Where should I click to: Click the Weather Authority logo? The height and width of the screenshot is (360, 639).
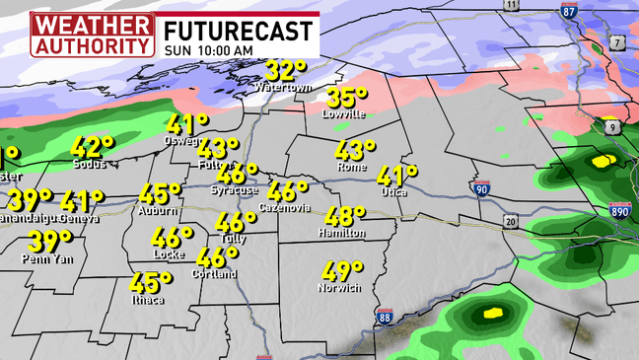93,34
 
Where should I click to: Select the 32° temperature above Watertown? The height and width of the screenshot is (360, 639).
286,71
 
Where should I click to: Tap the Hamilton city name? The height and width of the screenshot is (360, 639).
342,233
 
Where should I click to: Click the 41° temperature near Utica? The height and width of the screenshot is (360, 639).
398,176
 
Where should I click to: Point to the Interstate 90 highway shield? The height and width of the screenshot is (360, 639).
481,187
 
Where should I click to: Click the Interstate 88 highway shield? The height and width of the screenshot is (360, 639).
385,316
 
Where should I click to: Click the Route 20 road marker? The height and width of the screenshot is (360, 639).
510,222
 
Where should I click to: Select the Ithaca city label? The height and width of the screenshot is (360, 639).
146,299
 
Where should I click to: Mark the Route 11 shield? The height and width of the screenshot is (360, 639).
511,5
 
